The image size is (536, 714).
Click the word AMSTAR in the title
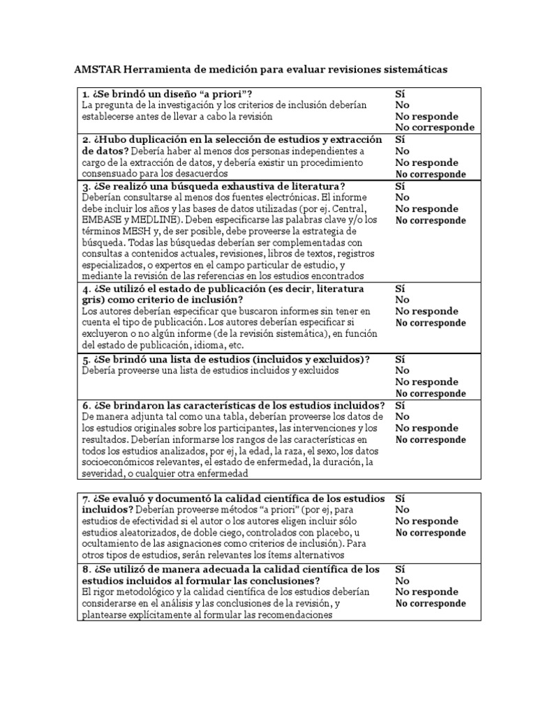tap(96, 70)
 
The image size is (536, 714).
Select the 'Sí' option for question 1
tap(401, 93)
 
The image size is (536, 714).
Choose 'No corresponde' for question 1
tap(435, 128)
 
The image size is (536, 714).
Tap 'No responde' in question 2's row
tap(426, 162)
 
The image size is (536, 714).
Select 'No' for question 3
tap(403, 197)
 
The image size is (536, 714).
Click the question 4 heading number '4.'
tap(87, 289)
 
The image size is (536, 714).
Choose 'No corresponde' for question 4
tap(431, 324)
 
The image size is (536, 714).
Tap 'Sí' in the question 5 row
tap(401, 359)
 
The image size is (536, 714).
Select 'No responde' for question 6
tap(426, 428)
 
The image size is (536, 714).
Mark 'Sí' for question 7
tap(401, 499)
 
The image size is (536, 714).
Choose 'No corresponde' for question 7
tap(431, 533)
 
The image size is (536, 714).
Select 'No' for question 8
tap(403, 580)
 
